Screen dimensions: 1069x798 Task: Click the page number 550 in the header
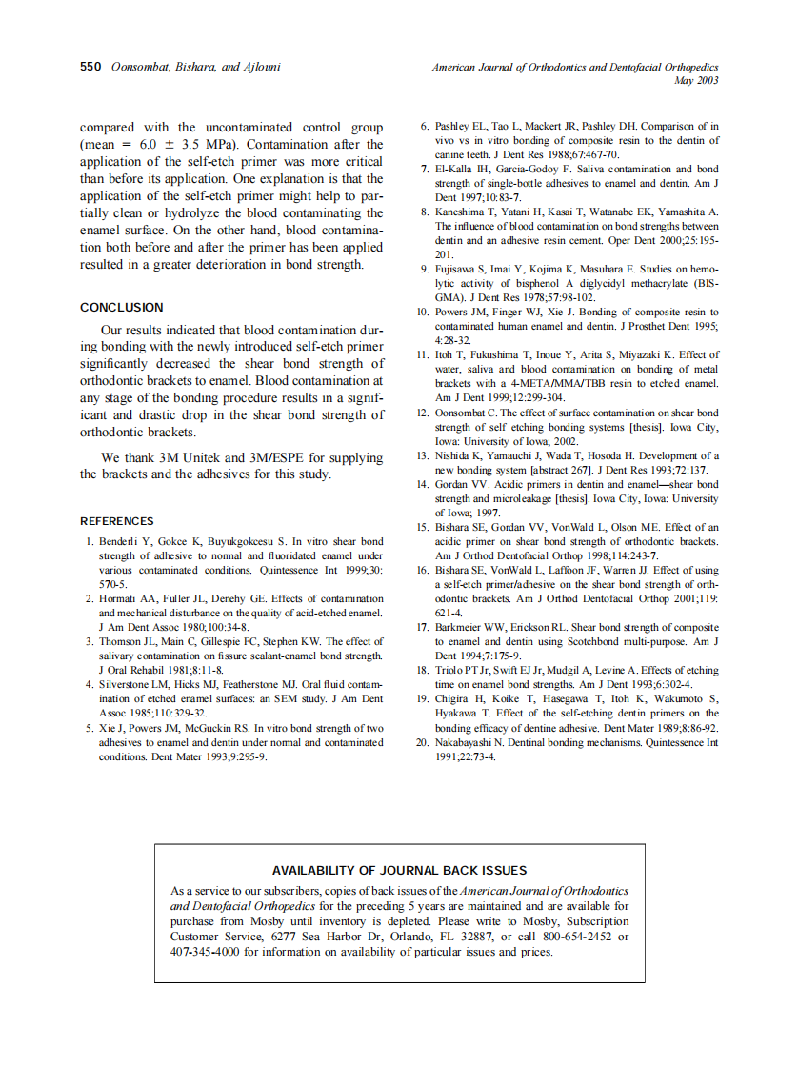click(90, 68)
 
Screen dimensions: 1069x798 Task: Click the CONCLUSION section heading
click(121, 308)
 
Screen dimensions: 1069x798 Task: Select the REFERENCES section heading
click(116, 521)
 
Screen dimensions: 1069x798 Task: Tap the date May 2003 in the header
click(695, 81)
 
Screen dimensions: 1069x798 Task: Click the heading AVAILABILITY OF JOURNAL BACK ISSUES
click(399, 870)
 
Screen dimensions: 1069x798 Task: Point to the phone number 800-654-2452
click(576, 937)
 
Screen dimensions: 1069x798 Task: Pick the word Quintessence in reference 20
click(671, 740)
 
